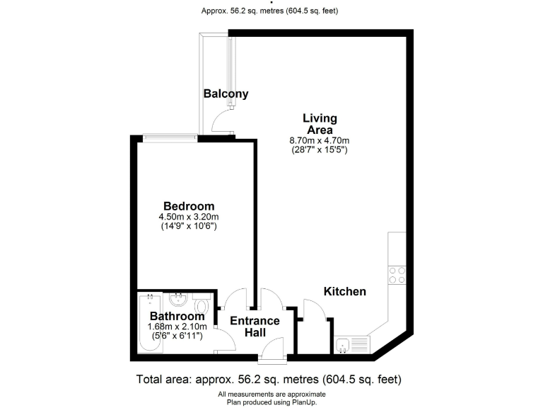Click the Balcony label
[226, 93]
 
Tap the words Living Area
[320, 124]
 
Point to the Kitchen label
[344, 291]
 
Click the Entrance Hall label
[255, 327]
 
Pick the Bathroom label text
[177, 316]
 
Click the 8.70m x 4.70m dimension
[320, 140]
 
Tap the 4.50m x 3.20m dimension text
[188, 217]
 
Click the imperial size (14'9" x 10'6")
[188, 227]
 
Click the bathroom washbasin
[178, 300]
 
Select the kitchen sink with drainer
[352, 345]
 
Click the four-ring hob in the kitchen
[397, 274]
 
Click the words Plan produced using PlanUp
[271, 402]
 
